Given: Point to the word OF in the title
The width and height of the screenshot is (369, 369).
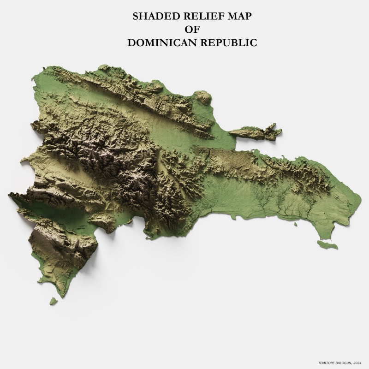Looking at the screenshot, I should [x=191, y=30].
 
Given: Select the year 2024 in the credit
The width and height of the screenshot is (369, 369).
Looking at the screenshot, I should [x=357, y=363].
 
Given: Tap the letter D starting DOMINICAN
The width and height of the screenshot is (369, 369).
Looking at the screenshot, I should [x=131, y=43].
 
